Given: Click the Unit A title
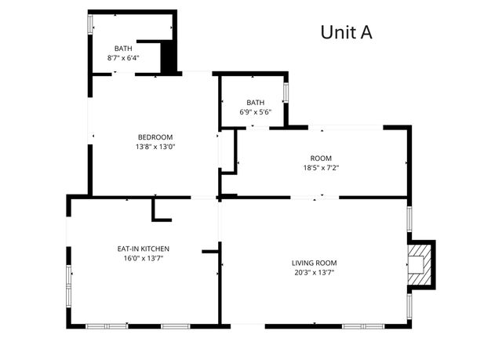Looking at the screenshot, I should pos(346,32).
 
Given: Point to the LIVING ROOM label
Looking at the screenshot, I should pos(314,263).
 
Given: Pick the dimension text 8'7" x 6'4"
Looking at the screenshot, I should pos(123,58).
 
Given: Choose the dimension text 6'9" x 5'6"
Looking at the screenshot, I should pos(256,112).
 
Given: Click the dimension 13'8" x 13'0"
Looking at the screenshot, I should pos(155,146).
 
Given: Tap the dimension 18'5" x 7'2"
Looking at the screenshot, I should pos(321,167).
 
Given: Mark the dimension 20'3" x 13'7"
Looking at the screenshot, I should pos(314,272).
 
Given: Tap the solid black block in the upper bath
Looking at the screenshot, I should pos(167,57).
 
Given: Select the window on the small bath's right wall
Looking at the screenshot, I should pos(286,90).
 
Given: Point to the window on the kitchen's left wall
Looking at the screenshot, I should pos(70,276).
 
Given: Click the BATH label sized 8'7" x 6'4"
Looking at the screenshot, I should pos(123,49).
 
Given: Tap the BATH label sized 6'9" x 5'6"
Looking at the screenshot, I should pos(256,103).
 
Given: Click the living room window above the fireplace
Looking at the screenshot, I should pos(409,219).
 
